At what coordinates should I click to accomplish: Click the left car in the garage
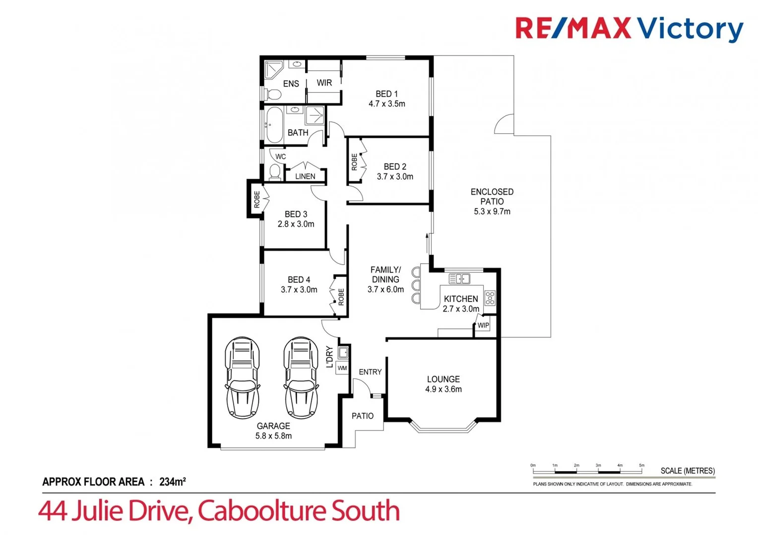pyautogui.click(x=242, y=378)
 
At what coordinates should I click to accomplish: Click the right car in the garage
pyautogui.click(x=301, y=378)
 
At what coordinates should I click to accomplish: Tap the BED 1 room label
pyautogui.click(x=386, y=94)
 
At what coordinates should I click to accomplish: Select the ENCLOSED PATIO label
pyautogui.click(x=492, y=197)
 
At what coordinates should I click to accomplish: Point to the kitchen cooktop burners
pyautogui.click(x=490, y=298)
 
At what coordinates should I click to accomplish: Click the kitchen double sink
pyautogui.click(x=459, y=279)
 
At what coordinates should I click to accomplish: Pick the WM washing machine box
pyautogui.click(x=342, y=368)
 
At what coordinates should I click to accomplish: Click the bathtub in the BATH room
pyautogui.click(x=274, y=125)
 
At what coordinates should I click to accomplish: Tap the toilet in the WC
pyautogui.click(x=274, y=171)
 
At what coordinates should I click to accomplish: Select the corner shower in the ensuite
pyautogui.click(x=273, y=69)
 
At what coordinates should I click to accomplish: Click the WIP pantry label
pyautogui.click(x=483, y=325)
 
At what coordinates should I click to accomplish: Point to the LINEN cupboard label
pyautogui.click(x=305, y=176)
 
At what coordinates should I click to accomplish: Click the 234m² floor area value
pyautogui.click(x=172, y=481)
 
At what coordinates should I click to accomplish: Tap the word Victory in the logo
pyautogui.click(x=690, y=29)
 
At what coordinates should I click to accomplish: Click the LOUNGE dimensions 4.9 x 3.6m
pyautogui.click(x=443, y=389)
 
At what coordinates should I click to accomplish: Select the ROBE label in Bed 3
pyautogui.click(x=257, y=199)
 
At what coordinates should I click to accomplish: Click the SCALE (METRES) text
pyautogui.click(x=687, y=471)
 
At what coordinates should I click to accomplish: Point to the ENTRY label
pyautogui.click(x=370, y=372)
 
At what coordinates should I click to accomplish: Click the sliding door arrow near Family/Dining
pyautogui.click(x=427, y=243)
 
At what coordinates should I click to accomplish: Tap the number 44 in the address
pyautogui.click(x=54, y=511)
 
